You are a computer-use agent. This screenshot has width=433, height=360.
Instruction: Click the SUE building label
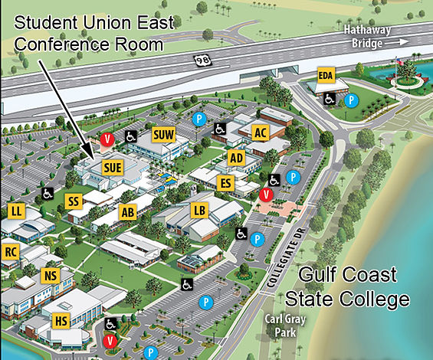(x=103, y=164)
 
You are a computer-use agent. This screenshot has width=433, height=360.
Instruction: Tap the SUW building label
(x=163, y=136)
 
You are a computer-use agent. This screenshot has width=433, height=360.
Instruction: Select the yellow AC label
(x=261, y=132)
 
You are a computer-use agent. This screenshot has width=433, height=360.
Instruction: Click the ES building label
(x=225, y=183)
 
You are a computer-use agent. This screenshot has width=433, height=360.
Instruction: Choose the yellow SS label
(x=74, y=201)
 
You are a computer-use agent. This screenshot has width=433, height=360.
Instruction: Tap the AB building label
(x=127, y=212)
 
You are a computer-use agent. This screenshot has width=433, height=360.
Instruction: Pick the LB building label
(x=200, y=210)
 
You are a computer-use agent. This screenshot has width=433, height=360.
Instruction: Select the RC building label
(x=11, y=252)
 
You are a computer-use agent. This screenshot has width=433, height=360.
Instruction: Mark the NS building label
(x=51, y=276)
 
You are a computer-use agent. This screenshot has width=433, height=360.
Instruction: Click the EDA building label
(x=327, y=76)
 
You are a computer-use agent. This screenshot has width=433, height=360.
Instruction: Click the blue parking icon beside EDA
(x=352, y=100)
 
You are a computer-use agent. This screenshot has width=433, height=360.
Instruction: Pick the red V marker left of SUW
(x=108, y=139)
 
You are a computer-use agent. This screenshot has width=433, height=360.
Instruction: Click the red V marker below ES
(x=266, y=194)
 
